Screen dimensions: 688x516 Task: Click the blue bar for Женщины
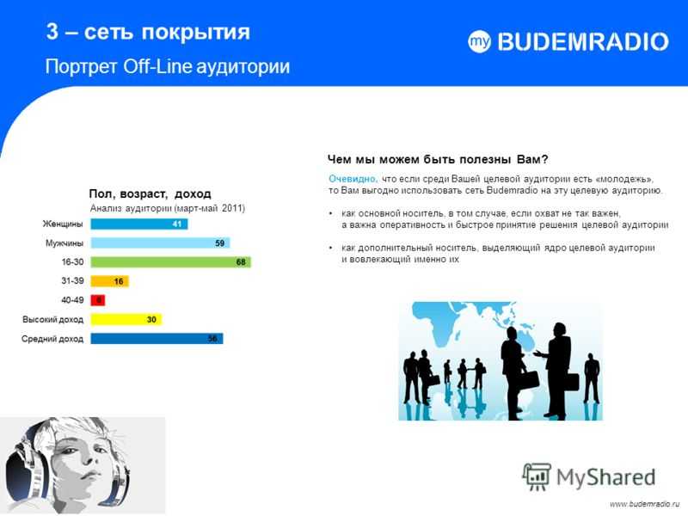click(x=139, y=224)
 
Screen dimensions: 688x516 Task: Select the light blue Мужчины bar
click(x=160, y=243)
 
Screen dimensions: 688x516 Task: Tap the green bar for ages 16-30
click(x=170, y=262)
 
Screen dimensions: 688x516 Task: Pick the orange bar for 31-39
click(x=110, y=281)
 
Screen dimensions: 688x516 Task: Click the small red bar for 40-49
click(x=98, y=300)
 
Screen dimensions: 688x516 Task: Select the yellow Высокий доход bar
click(x=126, y=319)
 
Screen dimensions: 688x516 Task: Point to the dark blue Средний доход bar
click(x=157, y=338)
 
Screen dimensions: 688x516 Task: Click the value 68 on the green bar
click(x=241, y=262)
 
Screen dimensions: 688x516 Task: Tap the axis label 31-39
click(x=72, y=281)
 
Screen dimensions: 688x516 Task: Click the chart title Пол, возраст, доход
click(x=150, y=193)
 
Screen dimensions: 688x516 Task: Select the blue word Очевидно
click(x=353, y=179)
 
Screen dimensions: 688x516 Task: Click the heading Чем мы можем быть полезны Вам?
click(x=438, y=159)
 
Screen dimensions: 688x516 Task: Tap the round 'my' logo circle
click(x=479, y=41)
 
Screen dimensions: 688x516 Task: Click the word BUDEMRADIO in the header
click(x=583, y=42)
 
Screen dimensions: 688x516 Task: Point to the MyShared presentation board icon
click(x=536, y=476)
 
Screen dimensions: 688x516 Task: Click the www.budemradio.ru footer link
click(x=644, y=504)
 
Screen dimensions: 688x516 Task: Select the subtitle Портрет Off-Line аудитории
click(x=168, y=67)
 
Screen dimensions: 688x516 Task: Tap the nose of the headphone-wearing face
click(x=87, y=459)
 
